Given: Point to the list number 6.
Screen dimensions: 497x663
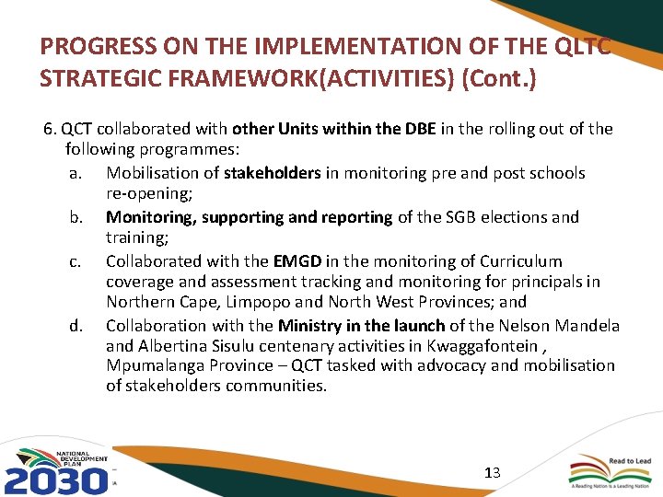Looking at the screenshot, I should (50, 129).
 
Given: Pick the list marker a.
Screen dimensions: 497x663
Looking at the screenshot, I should (76, 173).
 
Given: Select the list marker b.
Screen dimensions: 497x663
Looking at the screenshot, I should (76, 218).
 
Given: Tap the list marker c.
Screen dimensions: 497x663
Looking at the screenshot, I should (76, 262).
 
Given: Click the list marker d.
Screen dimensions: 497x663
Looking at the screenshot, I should (76, 326).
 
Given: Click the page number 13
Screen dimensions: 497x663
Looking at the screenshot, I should (492, 473).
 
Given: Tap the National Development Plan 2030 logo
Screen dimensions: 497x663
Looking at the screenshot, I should (57, 470).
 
